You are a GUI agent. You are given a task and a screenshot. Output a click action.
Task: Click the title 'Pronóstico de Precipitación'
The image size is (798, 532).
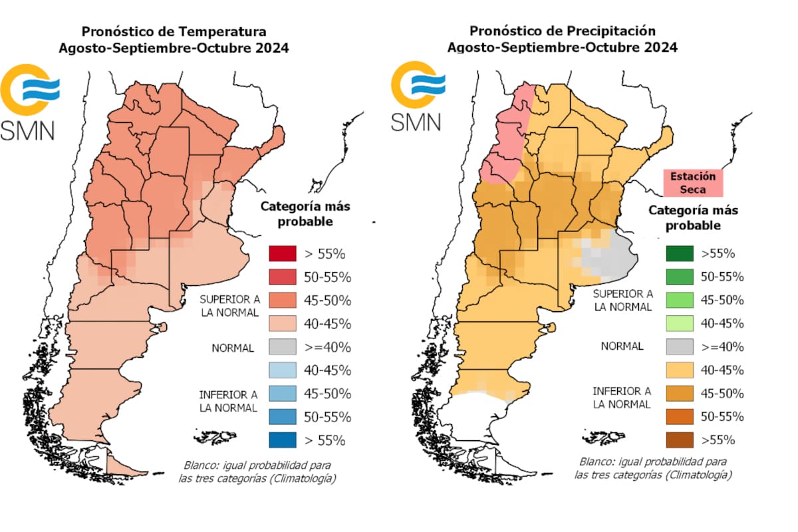pyautogui.click(x=562, y=31)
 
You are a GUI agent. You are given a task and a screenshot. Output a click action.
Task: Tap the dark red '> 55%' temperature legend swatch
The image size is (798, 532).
pyautogui.click(x=282, y=253)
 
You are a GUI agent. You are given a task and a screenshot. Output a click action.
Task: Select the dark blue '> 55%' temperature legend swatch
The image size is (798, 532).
pyautogui.click(x=282, y=440)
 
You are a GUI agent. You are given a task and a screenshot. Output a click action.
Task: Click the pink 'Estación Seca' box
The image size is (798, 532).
pyautogui.click(x=692, y=182)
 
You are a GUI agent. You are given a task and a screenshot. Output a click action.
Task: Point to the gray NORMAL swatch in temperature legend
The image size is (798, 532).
pyautogui.click(x=282, y=346)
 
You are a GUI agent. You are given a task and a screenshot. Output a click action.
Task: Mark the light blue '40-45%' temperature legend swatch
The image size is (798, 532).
pyautogui.click(x=282, y=370)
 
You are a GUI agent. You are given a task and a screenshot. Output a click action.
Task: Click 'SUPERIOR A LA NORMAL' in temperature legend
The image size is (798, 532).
pyautogui.click(x=229, y=307)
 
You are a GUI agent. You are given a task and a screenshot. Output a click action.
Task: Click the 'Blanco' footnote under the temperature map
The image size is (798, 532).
pyautogui.click(x=256, y=471)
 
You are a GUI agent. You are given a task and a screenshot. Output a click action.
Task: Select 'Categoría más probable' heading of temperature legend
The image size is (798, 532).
pyautogui.click(x=305, y=213)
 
